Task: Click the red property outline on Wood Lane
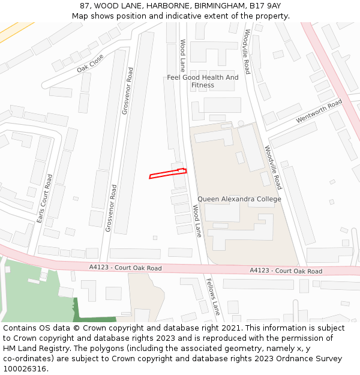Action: [167, 174]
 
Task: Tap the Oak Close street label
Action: [90, 63]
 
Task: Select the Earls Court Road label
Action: [44, 199]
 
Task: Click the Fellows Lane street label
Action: [213, 296]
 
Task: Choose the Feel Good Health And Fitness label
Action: [203, 81]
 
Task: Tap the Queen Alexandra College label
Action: [239, 199]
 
